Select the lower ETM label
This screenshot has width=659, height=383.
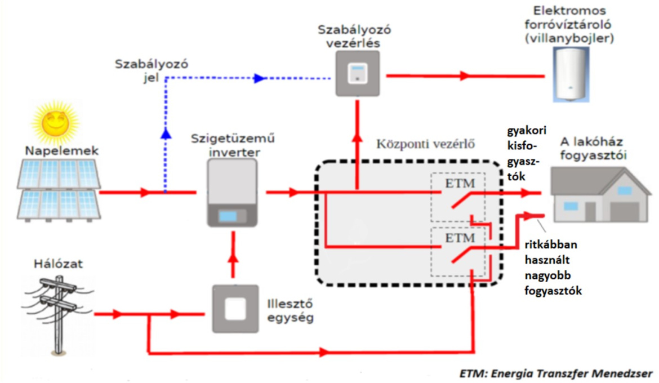point(460,238)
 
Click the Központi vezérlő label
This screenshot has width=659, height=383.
point(425,144)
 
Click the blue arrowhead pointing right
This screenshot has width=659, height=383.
point(259,78)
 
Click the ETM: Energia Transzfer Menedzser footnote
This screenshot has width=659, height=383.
point(555,373)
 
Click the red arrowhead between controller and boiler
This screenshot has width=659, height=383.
point(465,75)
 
